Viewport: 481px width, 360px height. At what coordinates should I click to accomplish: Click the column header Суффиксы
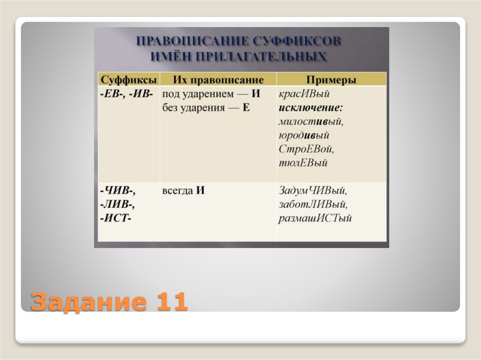[127, 79]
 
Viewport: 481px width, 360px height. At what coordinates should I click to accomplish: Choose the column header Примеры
[331, 79]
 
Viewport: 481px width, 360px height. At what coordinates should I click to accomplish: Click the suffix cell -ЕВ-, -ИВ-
[126, 93]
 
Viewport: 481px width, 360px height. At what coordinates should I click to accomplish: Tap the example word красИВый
[304, 93]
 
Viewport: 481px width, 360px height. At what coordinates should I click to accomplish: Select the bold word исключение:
[310, 107]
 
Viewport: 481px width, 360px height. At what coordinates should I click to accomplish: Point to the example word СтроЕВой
[306, 150]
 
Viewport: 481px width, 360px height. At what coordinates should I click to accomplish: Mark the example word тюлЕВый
[303, 164]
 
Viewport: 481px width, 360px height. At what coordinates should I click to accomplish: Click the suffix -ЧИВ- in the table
[117, 191]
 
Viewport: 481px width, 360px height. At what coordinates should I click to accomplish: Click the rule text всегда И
[184, 191]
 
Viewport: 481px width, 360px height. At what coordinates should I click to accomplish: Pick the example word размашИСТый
[315, 219]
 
